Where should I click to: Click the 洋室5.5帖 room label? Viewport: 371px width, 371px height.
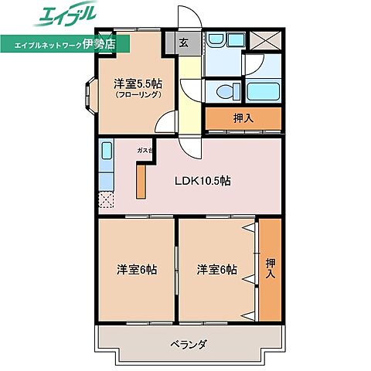point(138,83)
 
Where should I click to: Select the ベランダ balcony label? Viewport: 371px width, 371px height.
point(185,344)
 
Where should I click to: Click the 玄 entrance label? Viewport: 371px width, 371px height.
point(185,43)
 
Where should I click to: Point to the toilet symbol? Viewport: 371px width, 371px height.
point(226,91)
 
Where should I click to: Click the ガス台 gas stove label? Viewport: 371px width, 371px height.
point(145,149)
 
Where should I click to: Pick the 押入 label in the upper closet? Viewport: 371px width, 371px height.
point(243,118)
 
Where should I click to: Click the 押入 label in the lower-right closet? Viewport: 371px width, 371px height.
point(270,268)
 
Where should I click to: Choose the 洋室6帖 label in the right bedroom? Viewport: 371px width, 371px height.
point(217,270)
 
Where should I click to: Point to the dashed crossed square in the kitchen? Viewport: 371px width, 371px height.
point(106,200)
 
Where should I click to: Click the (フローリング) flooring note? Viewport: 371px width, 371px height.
point(138,95)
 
